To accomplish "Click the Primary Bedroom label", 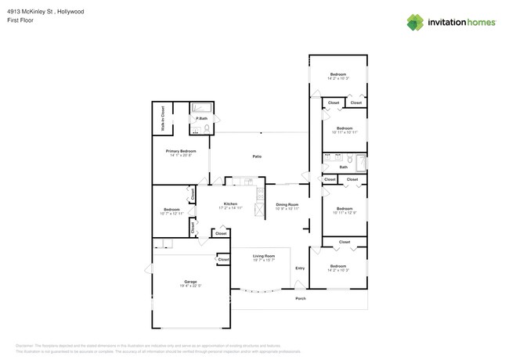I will pos(180,151).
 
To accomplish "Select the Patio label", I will pos(256,157).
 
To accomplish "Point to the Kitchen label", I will pos(229,203).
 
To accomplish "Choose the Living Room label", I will pos(263,256).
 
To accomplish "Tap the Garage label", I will pos(190,281).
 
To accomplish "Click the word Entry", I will pos(300,268).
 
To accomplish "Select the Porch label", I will pos(300,298).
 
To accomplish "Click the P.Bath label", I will pos(201,118).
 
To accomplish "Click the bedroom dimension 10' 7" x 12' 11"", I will pos(171,213).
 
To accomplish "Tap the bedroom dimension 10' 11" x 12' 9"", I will pos(345,213).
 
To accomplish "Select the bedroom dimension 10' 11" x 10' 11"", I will pos(345,132).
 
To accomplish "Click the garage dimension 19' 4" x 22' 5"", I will pos(190,286).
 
